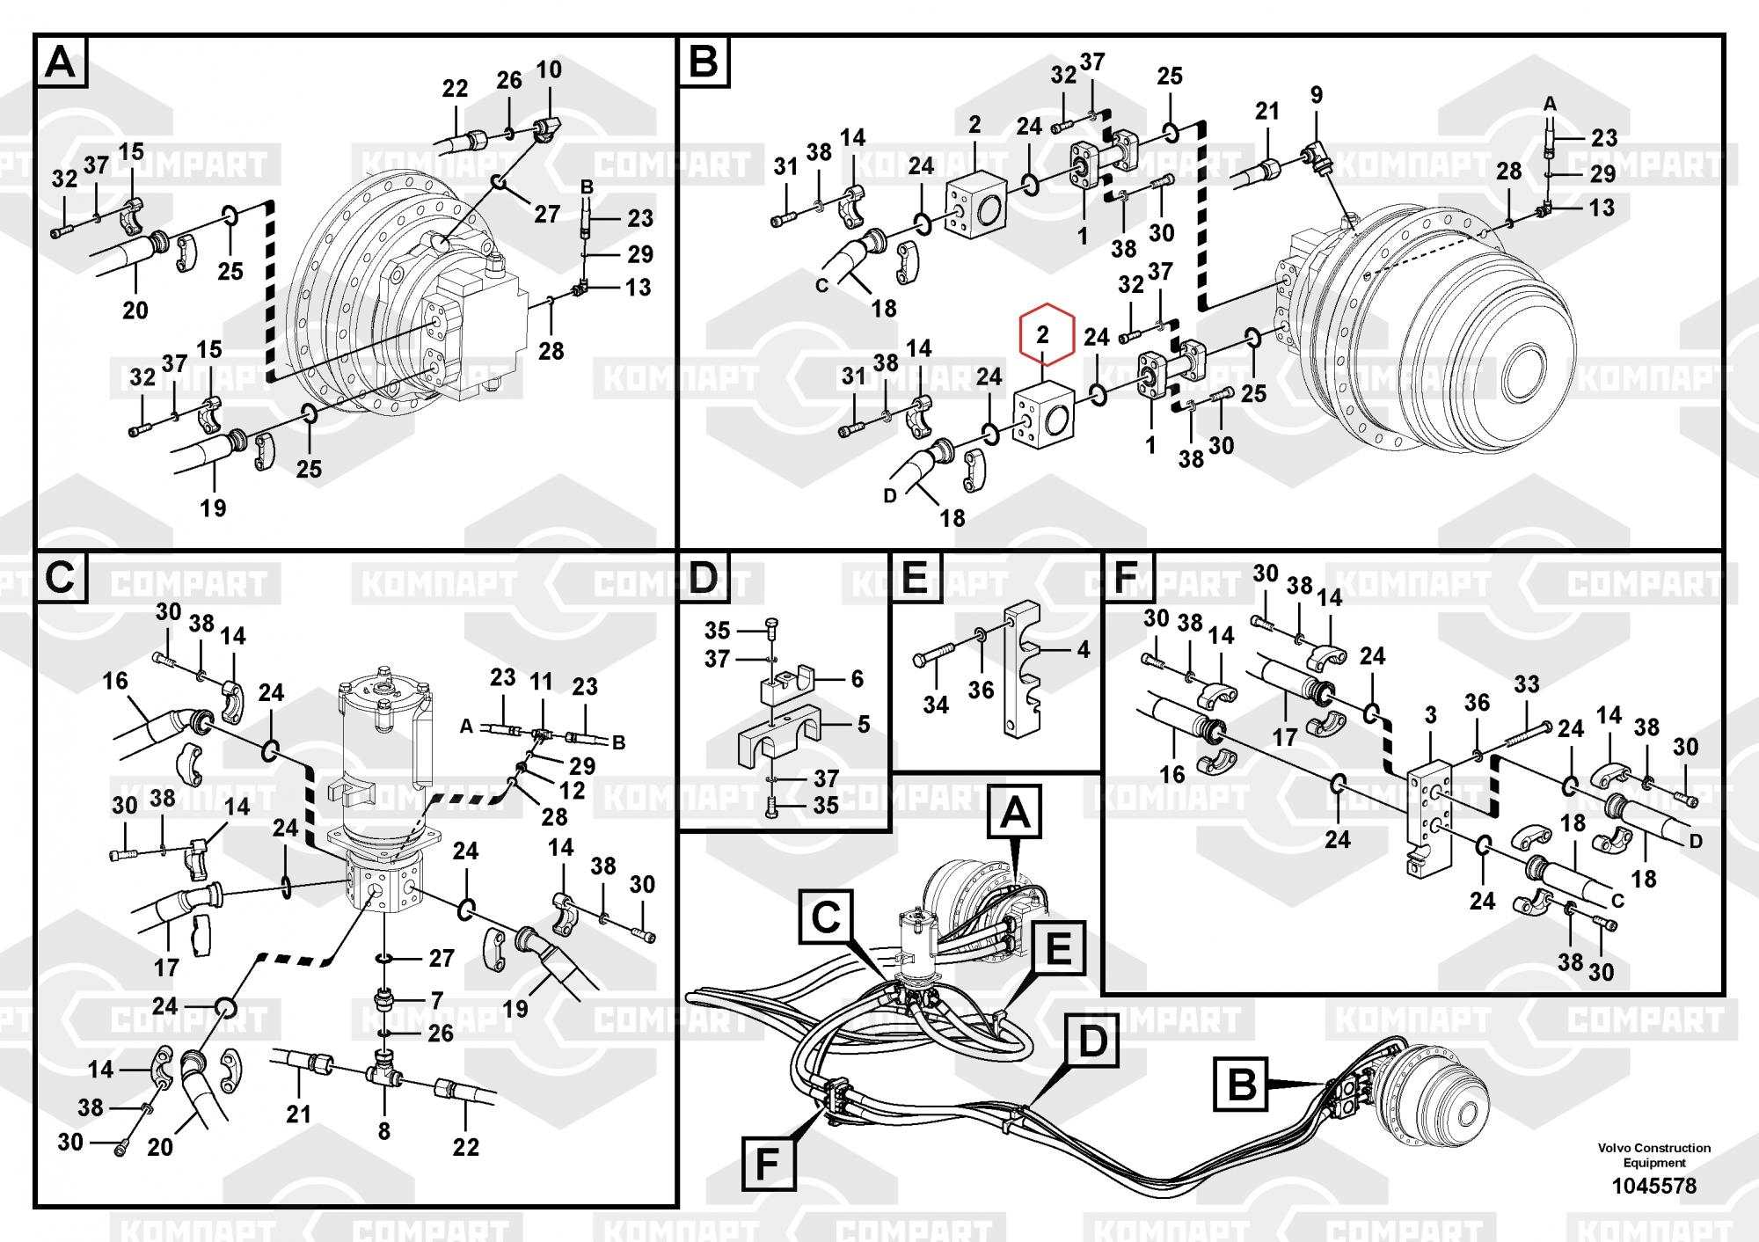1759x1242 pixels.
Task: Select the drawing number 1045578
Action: coord(1653,1186)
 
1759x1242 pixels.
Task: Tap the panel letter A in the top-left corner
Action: coord(61,62)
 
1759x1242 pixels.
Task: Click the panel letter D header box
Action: coord(705,578)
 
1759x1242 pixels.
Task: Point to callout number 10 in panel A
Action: coord(549,69)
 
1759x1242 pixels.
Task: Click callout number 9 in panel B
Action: coord(1316,95)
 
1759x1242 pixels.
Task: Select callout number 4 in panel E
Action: coord(1084,649)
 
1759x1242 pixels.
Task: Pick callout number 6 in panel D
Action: coord(857,678)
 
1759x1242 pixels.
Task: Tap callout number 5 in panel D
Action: coord(863,724)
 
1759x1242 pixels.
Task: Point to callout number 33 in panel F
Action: coord(1527,684)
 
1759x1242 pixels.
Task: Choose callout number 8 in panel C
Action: coord(384,1130)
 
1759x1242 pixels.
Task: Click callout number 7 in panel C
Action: coord(436,1000)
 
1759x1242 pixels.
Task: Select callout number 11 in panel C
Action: coord(541,681)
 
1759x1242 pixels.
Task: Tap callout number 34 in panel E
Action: coord(936,705)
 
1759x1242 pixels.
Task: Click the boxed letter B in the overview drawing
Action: coord(1241,1085)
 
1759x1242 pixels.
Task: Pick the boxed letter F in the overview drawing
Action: coord(767,1164)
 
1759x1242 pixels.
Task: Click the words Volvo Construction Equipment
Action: coord(1653,1155)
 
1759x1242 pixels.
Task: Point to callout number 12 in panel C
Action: coord(572,790)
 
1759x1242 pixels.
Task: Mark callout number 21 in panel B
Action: coord(1266,111)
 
